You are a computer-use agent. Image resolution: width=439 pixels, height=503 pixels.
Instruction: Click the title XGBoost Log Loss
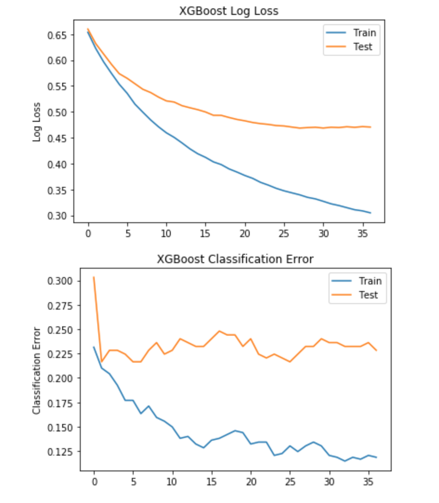[x=229, y=11]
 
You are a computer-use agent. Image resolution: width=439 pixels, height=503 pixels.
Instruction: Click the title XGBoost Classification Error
[x=235, y=259]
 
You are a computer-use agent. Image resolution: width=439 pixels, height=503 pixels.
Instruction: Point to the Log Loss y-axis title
[x=37, y=122]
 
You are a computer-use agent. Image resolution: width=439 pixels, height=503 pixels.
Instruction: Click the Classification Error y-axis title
[x=37, y=370]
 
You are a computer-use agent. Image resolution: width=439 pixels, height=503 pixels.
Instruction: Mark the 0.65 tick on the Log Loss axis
[x=58, y=35]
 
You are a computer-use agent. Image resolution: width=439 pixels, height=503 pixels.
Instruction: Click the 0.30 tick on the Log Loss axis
[x=58, y=216]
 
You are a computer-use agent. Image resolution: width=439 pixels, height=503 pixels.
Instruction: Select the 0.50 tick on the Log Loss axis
[x=58, y=113]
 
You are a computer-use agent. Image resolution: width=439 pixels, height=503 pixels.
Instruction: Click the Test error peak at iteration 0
[x=94, y=277]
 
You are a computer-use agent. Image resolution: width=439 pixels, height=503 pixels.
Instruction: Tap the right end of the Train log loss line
[x=370, y=213]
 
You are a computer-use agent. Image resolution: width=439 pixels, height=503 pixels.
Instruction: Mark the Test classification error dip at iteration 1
[x=102, y=362]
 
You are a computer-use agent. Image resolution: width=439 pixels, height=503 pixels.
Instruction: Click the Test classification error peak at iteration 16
[x=219, y=331]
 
